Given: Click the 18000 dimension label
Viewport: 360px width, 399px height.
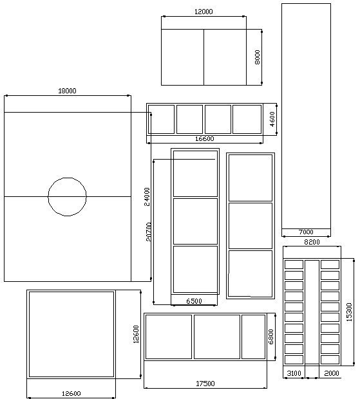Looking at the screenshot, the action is pyautogui.click(x=67, y=91).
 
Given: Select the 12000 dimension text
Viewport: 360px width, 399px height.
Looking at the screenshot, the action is pyautogui.click(x=204, y=12).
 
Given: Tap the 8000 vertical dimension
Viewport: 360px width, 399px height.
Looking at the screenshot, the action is pyautogui.click(x=257, y=57).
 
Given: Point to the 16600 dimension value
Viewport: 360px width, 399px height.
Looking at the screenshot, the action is pyautogui.click(x=205, y=138).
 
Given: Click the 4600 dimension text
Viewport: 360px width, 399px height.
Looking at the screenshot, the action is pyautogui.click(x=272, y=119).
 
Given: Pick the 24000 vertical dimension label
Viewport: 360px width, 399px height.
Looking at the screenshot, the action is pyautogui.click(x=147, y=197).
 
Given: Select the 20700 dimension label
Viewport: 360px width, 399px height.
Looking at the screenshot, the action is pyautogui.click(x=149, y=232).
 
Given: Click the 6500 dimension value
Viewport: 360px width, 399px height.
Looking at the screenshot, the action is pyautogui.click(x=194, y=301).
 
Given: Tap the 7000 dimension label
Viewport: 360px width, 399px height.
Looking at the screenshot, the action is pyautogui.click(x=306, y=232).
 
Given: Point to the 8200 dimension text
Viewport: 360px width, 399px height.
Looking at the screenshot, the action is pyautogui.click(x=312, y=242).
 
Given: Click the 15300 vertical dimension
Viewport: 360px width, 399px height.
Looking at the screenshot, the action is pyautogui.click(x=349, y=312).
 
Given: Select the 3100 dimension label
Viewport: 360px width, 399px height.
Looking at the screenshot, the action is pyautogui.click(x=294, y=373).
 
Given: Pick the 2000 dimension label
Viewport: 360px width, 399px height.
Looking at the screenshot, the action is pyautogui.click(x=332, y=373).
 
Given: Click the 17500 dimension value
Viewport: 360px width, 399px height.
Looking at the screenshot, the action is pyautogui.click(x=205, y=384).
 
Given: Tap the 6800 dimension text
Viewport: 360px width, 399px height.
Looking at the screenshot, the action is pyautogui.click(x=270, y=337).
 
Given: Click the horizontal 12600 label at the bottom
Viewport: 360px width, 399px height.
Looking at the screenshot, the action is pyautogui.click(x=71, y=394).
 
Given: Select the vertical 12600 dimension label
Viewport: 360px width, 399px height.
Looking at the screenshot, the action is pyautogui.click(x=137, y=335).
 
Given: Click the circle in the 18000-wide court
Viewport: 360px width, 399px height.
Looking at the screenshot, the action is pyautogui.click(x=67, y=178).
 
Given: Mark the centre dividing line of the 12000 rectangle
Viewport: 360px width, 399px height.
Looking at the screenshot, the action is pyautogui.click(x=204, y=57).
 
